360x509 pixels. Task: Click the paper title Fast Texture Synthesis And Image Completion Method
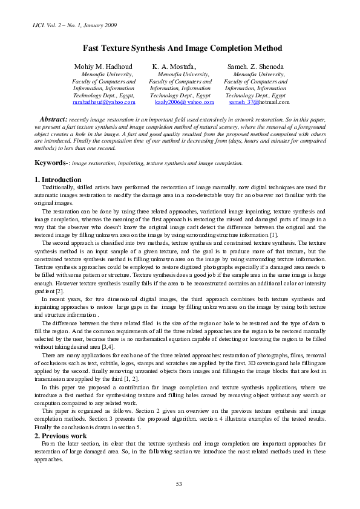pos(182,48)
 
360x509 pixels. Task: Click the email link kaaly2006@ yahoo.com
pos(180,103)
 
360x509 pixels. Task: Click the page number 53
pos(179,484)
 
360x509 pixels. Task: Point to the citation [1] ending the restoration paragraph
pos(273,235)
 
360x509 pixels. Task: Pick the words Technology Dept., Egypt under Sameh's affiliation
pos(255,96)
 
